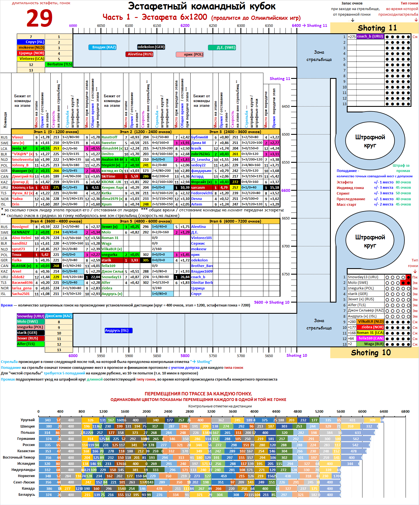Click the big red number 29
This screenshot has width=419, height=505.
point(39,18)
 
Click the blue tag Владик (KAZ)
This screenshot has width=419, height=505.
point(102,47)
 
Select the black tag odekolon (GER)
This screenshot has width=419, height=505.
point(151,47)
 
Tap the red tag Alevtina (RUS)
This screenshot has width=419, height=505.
point(140,54)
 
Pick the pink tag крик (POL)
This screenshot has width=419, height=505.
point(190,55)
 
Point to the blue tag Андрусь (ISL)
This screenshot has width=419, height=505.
point(118,331)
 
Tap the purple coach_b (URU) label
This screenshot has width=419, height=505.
point(370,36)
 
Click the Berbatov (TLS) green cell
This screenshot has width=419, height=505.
point(59,64)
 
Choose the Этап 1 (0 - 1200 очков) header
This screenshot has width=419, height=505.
point(56,132)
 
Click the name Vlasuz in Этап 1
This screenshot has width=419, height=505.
point(18,137)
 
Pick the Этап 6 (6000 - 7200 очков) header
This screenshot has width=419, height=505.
point(235,221)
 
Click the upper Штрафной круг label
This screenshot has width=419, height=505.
point(370,141)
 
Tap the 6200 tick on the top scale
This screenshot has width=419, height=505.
point(185,26)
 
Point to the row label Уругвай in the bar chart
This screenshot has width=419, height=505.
point(28,420)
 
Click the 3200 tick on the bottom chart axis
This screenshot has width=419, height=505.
point(211,412)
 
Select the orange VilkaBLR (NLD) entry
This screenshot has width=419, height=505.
point(370,322)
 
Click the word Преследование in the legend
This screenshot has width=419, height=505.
point(351,199)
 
